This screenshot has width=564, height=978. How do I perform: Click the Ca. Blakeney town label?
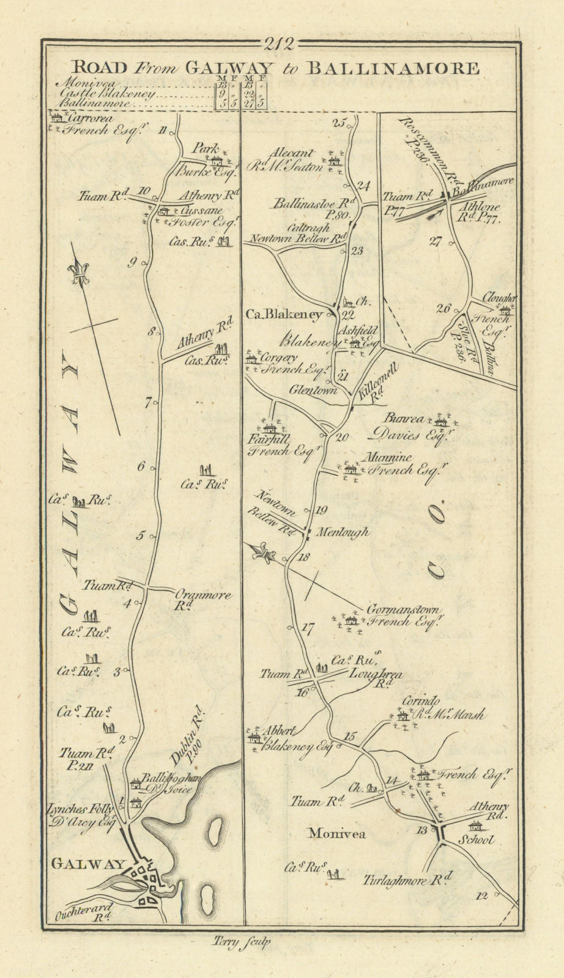[x=283, y=315]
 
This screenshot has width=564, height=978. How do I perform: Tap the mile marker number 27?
[x=436, y=241]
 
